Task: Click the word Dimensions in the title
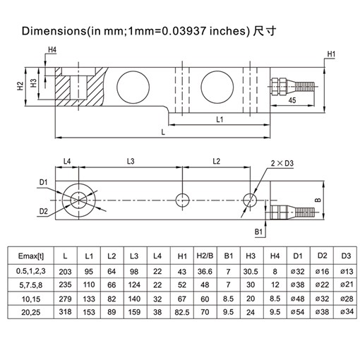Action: [54, 32]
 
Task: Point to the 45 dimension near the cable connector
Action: [292, 101]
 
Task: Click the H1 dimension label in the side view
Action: [332, 54]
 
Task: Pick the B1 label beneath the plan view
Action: [258, 230]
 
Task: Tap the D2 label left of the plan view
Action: [44, 210]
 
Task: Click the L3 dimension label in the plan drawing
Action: [130, 162]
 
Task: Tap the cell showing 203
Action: [66, 270]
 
